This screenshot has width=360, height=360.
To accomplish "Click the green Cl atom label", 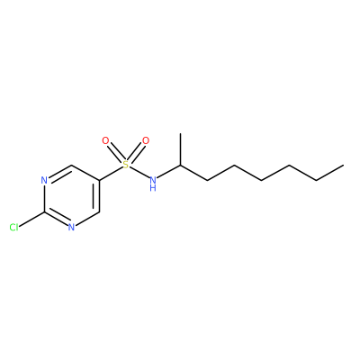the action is click(x=13, y=228).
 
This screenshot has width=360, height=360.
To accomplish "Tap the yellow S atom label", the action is click(x=126, y=165).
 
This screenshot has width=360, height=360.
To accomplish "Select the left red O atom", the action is click(x=105, y=140).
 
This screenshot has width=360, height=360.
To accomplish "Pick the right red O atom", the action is click(x=146, y=140).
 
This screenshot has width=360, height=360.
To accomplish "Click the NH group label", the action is click(x=153, y=184).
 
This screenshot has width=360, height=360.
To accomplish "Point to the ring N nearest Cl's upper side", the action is click(x=44, y=180).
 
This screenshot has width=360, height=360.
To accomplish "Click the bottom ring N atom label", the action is click(x=71, y=227).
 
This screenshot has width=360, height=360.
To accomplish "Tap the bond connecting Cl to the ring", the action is click(x=31, y=219).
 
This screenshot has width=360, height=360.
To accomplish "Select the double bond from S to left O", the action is click(x=115, y=152).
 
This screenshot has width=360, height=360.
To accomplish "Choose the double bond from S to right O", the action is click(x=136, y=152).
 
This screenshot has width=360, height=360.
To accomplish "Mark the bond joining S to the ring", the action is click(x=111, y=174).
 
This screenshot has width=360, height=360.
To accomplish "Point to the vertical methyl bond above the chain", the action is click(x=181, y=149).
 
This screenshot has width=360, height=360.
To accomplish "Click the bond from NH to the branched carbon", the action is click(x=169, y=172).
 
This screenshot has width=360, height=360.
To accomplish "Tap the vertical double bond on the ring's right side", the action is click(x=97, y=196).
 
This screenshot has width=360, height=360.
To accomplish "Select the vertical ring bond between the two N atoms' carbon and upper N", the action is click(x=44, y=198).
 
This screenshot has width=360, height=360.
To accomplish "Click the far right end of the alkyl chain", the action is click(x=344, y=165).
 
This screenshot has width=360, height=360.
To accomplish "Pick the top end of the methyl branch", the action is click(x=181, y=133).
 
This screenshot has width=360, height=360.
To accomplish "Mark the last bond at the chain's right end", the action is click(x=330, y=173).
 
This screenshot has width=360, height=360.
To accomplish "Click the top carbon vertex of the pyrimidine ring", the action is click(x=71, y=165).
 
